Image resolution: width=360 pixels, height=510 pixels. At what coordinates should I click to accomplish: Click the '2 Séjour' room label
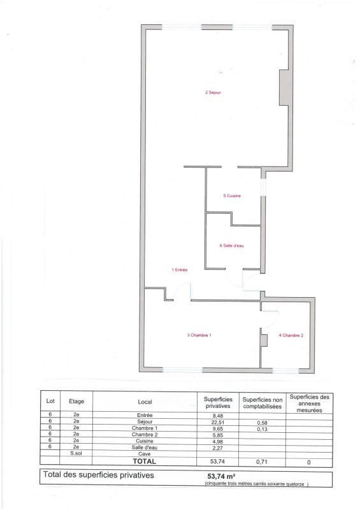coord(213,93)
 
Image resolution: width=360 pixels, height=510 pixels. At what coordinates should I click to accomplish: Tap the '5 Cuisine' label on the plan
coord(232,196)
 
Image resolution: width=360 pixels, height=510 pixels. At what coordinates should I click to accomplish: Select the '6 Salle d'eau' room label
coord(231,245)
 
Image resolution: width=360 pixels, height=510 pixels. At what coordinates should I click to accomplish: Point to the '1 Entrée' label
coord(180,270)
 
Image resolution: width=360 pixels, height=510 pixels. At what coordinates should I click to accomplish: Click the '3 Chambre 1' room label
coord(199,335)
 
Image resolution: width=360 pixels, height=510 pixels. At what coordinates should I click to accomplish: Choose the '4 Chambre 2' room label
coord(291,335)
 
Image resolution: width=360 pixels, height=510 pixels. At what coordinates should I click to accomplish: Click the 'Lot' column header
coord(50,402)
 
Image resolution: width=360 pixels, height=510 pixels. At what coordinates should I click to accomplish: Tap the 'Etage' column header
coord(76,402)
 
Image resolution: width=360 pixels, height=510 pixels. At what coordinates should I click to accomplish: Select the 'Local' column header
coord(145,402)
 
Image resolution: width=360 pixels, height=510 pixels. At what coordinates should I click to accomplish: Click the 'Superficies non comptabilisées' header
coord(261,402)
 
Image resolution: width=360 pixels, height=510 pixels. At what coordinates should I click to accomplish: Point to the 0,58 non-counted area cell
coord(261,422)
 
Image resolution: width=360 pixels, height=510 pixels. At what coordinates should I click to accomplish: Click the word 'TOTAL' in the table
coord(144,460)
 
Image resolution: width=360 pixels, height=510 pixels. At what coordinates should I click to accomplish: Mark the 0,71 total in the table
coord(261,461)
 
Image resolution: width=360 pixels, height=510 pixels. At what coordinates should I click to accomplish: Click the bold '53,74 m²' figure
coord(219,476)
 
